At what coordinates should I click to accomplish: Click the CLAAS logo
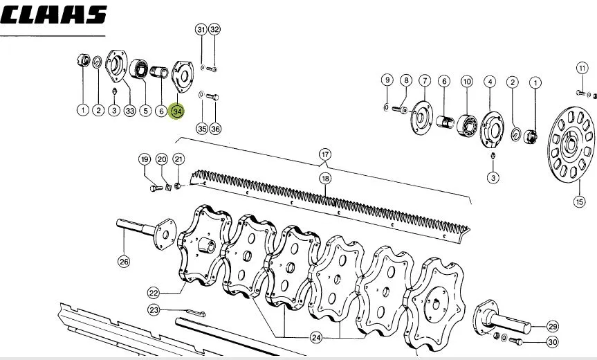tap(53, 15)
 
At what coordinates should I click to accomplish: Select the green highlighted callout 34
tap(177, 111)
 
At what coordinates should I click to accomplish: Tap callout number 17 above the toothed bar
tap(324, 154)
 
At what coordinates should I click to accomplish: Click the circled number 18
tap(325, 179)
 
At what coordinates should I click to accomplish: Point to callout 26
tap(124, 261)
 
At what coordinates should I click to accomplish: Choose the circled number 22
tap(154, 293)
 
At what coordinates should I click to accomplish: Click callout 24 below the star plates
tap(316, 338)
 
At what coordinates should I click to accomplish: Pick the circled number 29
tap(553, 327)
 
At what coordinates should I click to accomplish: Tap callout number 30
tap(553, 342)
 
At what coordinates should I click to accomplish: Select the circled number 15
tap(579, 201)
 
